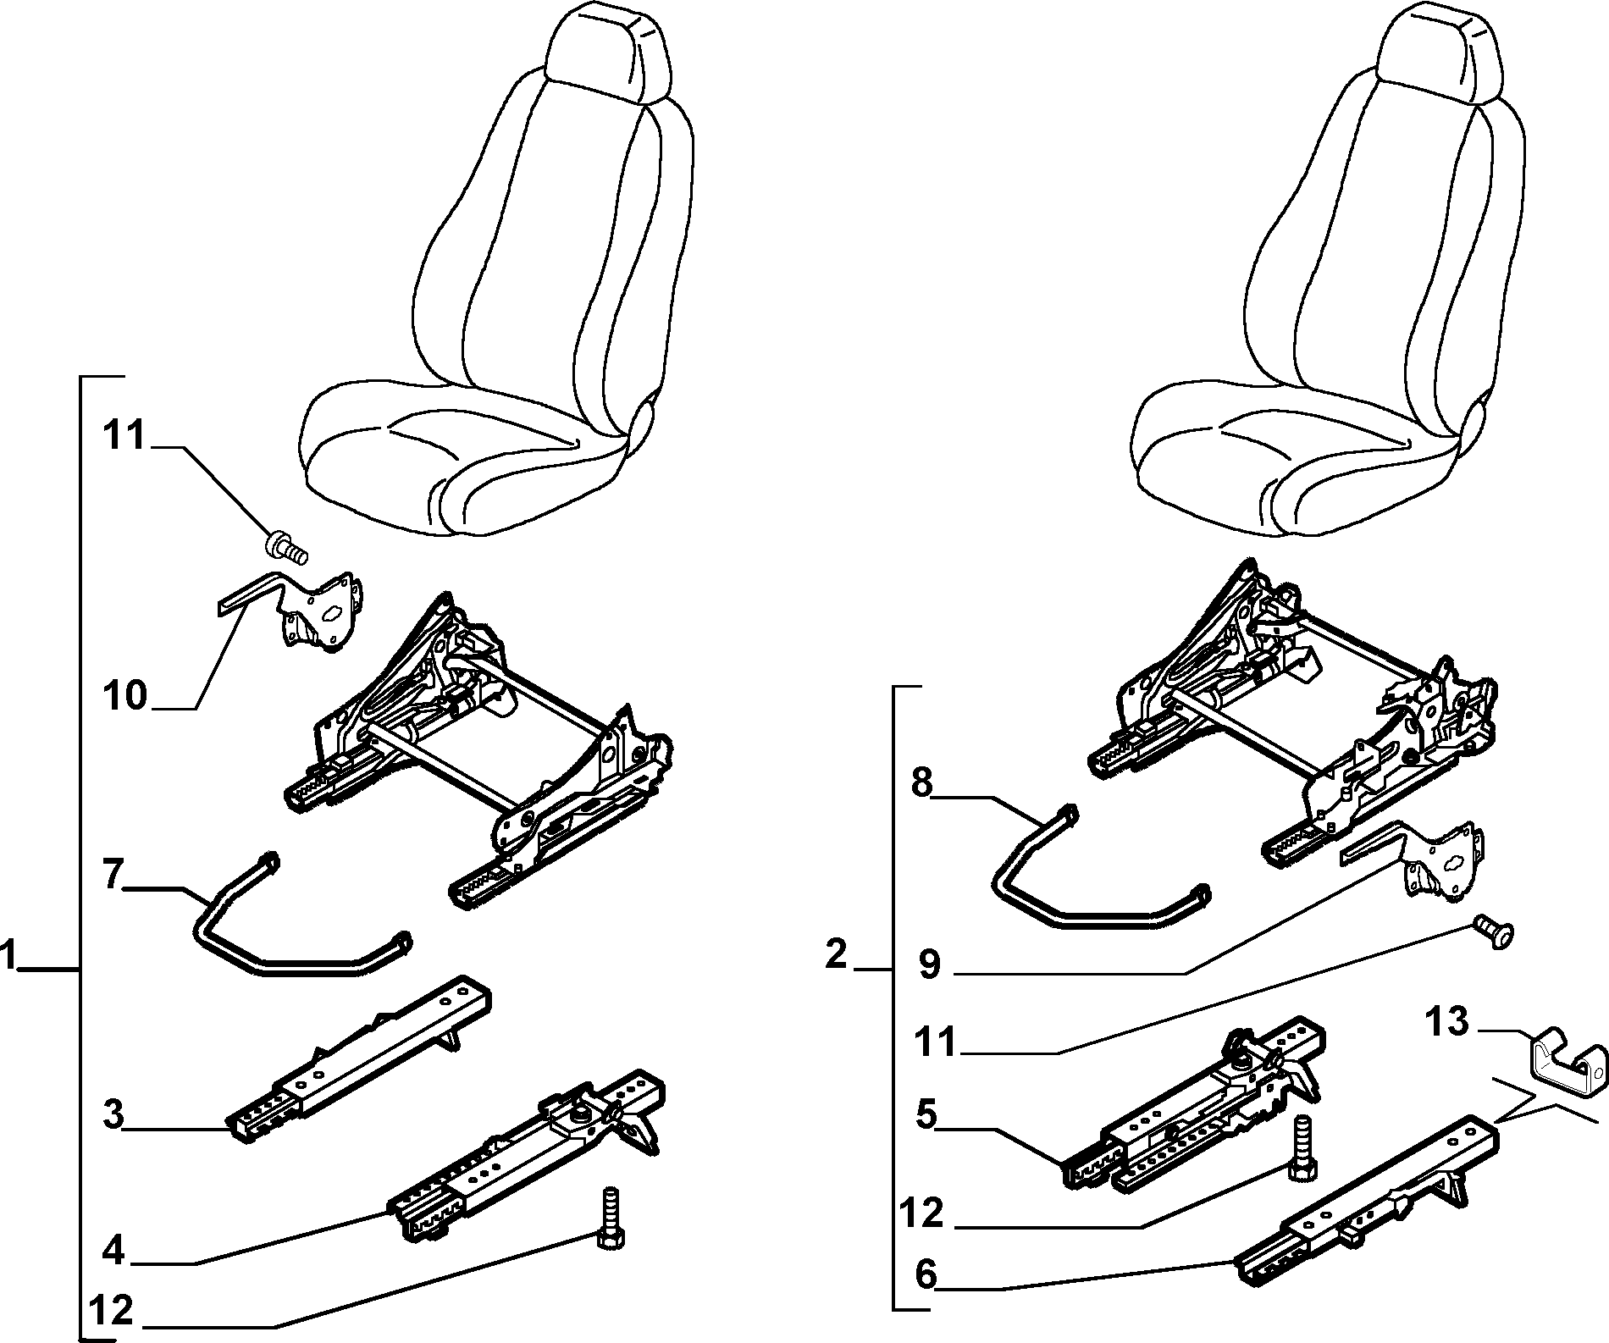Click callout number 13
click(x=1446, y=1021)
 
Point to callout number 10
click(x=125, y=698)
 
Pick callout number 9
click(x=929, y=964)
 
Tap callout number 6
click(x=926, y=1274)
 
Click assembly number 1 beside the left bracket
click(x=8, y=958)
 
